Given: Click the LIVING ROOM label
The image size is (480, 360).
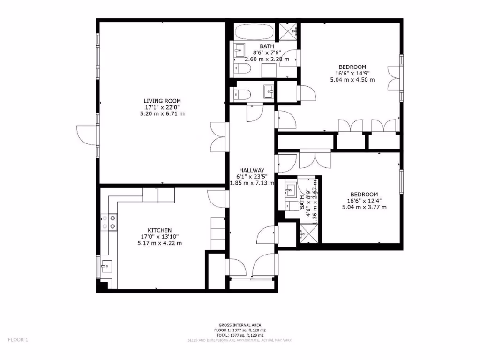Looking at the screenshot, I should pos(162,101).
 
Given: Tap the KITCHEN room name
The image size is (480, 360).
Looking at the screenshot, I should pos(159,230).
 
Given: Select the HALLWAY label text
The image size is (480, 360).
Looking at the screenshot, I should pos(252,170).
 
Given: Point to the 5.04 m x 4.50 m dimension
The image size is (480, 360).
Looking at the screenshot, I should pos(352,80).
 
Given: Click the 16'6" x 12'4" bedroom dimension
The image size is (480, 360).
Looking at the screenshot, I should pos(364,201).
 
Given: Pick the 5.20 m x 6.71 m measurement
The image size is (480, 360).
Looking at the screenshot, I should pos(162,114).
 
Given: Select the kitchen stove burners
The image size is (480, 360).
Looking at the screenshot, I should pos(108,223).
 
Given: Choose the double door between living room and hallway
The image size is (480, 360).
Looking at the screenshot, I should pos(218,136).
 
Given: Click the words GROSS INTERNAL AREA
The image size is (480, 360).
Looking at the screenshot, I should pos(240,325).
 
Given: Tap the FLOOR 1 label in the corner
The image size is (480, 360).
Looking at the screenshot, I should pos(18,340).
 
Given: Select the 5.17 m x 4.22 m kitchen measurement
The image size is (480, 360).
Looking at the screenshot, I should pos(159,243).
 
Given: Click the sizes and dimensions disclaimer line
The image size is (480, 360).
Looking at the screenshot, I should pos(240,340).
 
